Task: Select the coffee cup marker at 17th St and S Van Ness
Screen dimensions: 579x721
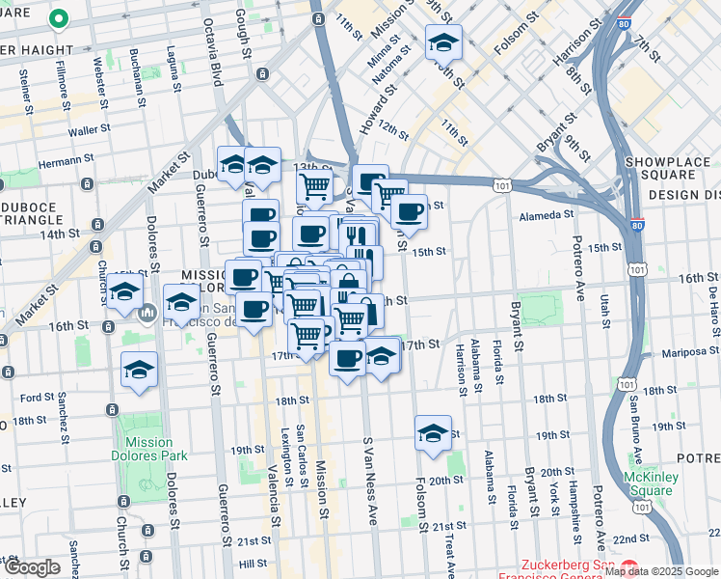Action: (x=348, y=358)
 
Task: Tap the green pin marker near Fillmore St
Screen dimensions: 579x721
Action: (x=58, y=19)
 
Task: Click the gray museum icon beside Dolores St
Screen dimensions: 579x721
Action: (x=147, y=313)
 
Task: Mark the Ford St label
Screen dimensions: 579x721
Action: (x=37, y=397)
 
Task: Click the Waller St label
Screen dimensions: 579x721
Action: (x=85, y=131)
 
